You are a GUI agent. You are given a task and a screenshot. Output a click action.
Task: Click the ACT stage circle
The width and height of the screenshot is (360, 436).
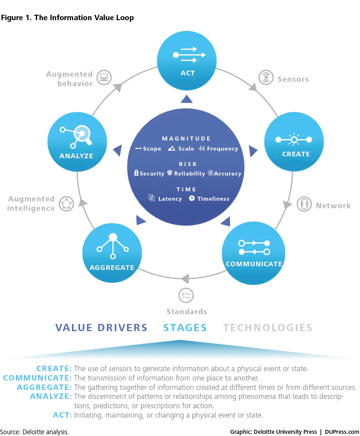pos(186,61)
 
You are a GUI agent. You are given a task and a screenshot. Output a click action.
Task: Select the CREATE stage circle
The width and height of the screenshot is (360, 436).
pos(294,142)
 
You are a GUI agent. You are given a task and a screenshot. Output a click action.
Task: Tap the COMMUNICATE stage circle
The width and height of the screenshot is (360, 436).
pos(253,253)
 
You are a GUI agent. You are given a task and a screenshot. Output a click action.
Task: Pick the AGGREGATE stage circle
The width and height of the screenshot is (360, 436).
pos(112,253)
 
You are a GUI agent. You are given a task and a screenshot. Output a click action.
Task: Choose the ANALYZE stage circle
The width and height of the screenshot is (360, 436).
pos(77,142)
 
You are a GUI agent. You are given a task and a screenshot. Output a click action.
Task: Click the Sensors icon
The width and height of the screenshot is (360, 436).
pos(266,77)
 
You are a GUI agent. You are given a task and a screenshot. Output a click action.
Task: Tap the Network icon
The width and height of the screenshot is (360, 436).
pos(304,204)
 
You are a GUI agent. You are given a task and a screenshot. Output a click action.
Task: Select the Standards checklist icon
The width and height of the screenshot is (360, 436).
pos(186,295)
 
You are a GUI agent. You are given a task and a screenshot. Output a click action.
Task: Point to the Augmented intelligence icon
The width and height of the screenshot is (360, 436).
pos(66,204)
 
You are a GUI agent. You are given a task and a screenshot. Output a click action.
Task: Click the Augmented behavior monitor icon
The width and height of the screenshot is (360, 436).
pos(104,77)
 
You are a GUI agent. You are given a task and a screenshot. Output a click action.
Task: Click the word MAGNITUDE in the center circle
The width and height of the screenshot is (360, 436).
pos(186,138)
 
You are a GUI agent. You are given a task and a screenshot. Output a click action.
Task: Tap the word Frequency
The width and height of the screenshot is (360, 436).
pos(222,149)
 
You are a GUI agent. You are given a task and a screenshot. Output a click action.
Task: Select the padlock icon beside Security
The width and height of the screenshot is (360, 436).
pos(136,173)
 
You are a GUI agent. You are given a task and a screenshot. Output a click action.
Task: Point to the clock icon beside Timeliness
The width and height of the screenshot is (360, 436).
pos(192,198)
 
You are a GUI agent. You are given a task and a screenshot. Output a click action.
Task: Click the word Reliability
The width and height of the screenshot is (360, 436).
pos(189,173)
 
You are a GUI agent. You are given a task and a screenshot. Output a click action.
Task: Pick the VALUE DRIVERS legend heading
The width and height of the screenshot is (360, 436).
pos(101,328)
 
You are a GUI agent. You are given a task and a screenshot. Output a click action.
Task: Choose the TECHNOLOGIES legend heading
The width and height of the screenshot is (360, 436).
pos(267,328)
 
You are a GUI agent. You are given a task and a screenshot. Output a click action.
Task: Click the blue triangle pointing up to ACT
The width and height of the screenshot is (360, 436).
pos(186,99)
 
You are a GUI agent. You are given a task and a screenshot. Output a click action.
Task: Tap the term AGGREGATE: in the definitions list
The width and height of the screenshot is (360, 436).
pos(44,387)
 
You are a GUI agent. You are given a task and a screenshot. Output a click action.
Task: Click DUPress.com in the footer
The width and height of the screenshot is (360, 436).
pos(342,432)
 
